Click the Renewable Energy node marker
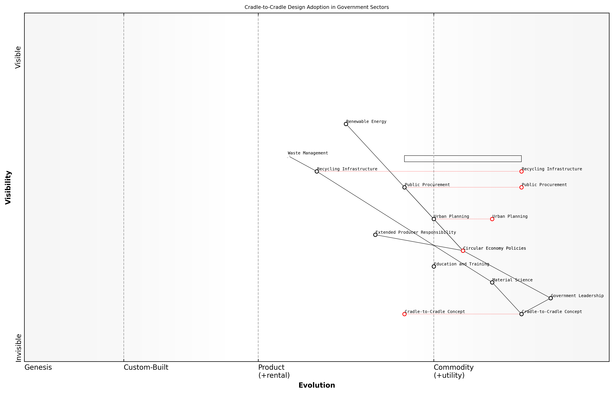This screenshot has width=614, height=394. tap(346, 124)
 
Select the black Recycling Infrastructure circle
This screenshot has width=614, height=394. tap(317, 171)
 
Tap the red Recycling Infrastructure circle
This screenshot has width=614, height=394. tap(521, 171)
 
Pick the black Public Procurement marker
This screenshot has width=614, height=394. tap(404, 187)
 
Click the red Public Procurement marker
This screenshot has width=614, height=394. tap(521, 187)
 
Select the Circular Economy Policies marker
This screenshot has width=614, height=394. tap(463, 251)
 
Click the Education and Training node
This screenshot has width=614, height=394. tap(434, 267)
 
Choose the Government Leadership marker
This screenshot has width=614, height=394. tap(551, 298)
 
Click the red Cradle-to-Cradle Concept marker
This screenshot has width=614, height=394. tap(404, 314)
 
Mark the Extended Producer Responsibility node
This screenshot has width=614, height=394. tap(375, 235)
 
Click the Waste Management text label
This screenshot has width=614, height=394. tap(308, 153)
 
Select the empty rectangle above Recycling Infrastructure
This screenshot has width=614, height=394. tap(463, 159)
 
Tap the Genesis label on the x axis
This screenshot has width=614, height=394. tap(38, 367)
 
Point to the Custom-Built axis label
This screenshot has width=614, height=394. tap(146, 367)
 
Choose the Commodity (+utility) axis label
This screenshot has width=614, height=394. tap(453, 371)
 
